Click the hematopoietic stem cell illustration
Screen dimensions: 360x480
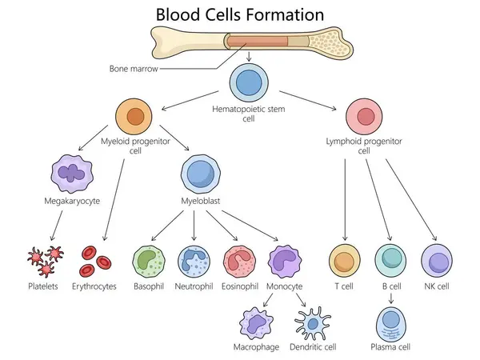(249, 83)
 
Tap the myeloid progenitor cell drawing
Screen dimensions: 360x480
(134, 116)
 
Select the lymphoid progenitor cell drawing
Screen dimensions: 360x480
(364, 116)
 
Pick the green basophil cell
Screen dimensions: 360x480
(150, 261)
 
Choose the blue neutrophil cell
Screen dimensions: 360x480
(194, 261)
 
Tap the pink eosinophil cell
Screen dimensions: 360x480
(240, 261)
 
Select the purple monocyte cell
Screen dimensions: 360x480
(285, 261)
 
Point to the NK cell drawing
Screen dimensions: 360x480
(437, 261)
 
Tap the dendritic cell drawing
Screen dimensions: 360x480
(313, 323)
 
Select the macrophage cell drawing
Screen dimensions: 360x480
(258, 323)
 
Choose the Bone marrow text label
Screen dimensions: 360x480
(134, 70)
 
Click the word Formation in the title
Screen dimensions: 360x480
(285, 14)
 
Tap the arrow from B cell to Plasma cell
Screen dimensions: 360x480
(391, 298)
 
